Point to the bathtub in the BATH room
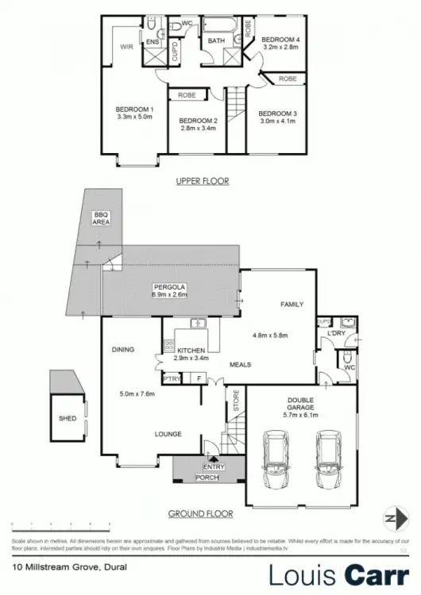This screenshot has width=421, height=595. tap(215, 25)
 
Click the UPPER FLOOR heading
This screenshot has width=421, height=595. tap(202, 181)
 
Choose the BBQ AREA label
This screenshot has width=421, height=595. tap(101, 218)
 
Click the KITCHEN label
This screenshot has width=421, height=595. tap(191, 351)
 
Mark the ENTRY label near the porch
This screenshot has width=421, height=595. tap(214, 467)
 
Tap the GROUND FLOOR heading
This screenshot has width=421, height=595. tap(200, 513)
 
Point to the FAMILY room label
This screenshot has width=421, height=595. tap(292, 304)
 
